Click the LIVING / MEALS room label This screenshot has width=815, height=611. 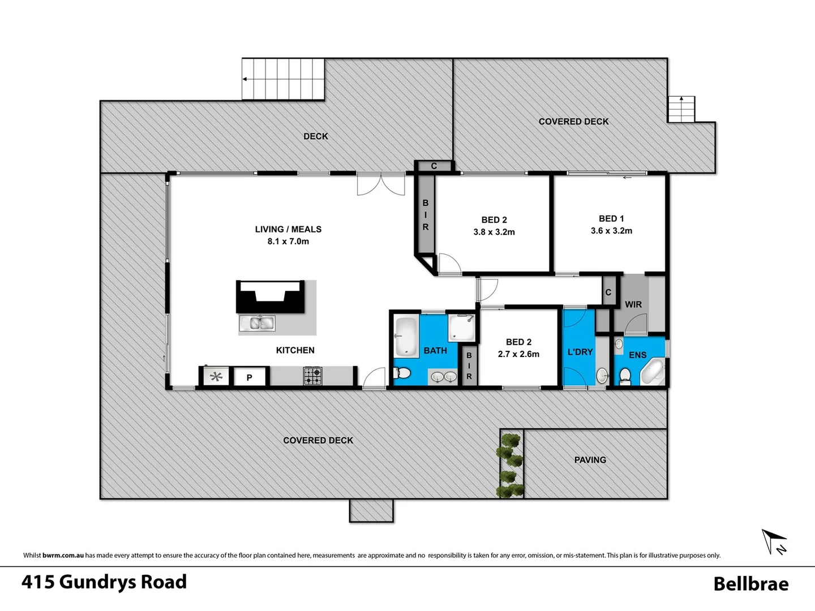(x=288, y=229)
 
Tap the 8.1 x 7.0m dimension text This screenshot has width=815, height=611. (x=288, y=242)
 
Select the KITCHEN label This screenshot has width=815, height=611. (x=295, y=350)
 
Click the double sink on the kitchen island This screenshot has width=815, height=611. (x=258, y=323)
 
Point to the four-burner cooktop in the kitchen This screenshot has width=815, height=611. (x=312, y=375)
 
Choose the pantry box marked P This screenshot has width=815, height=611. (x=249, y=377)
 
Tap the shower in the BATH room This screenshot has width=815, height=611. (x=461, y=328)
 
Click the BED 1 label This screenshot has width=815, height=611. (x=611, y=218)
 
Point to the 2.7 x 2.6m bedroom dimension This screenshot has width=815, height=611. (x=518, y=354)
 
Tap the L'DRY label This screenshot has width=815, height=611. (x=580, y=352)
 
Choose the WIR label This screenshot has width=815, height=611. (x=633, y=304)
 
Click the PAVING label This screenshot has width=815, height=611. (x=590, y=460)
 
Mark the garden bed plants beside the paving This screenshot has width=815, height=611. (x=511, y=464)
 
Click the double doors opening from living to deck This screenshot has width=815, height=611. (x=381, y=185)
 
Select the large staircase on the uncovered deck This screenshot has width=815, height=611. (x=284, y=79)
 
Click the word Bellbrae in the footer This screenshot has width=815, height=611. (x=750, y=583)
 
